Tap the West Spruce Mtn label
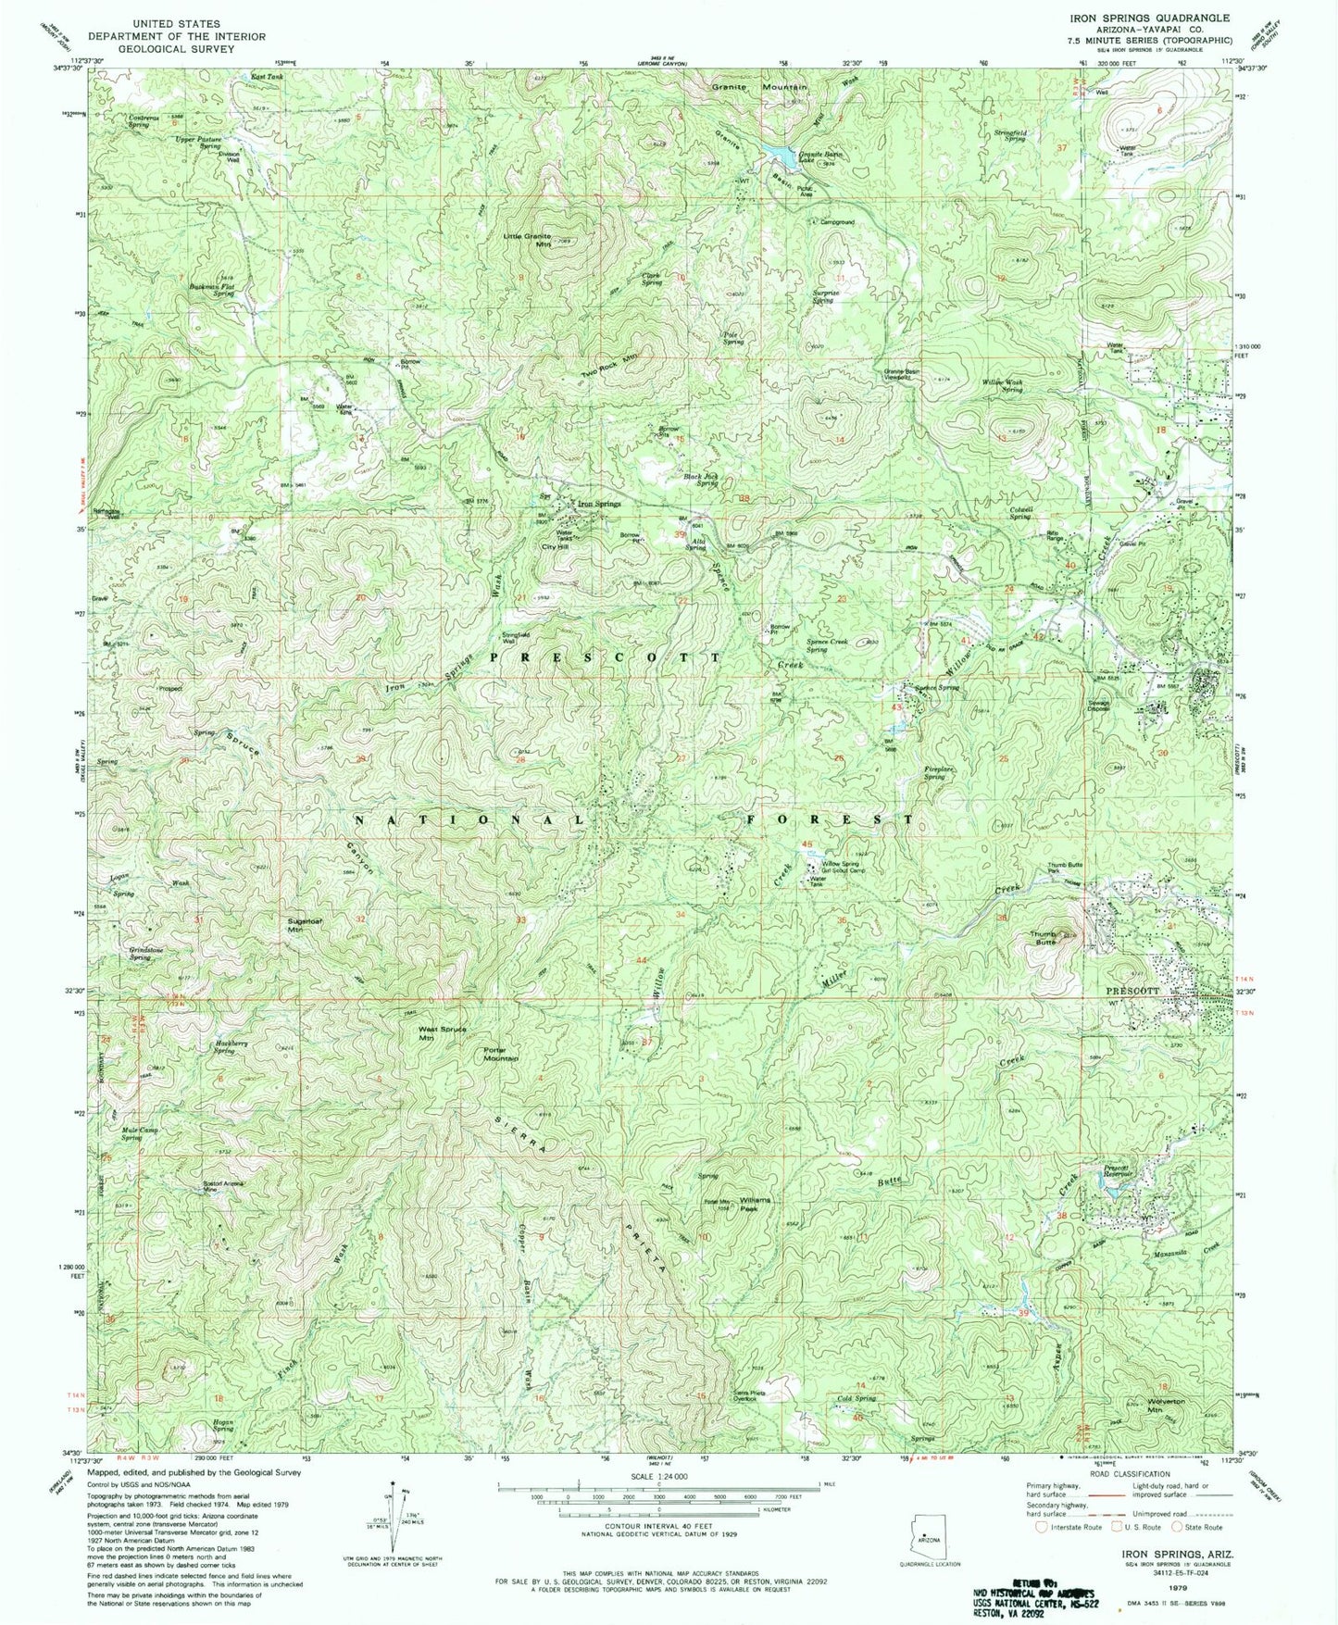(x=440, y=1033)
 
